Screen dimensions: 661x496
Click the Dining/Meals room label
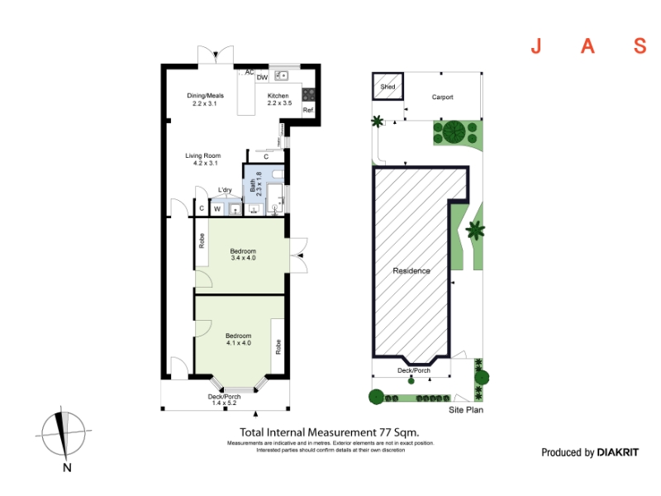205,99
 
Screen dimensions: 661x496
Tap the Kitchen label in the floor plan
279,99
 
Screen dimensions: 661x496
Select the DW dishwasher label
262,77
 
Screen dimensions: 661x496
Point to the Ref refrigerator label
308,110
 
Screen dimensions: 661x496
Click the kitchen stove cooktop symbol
308,94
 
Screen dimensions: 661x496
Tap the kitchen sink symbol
281,75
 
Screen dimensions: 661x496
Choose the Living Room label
203,159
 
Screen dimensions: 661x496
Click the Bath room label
255,184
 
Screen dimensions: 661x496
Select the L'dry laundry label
225,190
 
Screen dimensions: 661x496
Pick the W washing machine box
217,209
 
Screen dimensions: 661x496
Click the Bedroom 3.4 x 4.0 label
243,255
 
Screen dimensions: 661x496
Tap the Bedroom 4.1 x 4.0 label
239,339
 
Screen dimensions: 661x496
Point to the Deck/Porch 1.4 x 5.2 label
224,400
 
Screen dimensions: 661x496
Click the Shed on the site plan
388,87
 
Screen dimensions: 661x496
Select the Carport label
443,97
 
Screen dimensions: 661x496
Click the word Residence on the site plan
411,271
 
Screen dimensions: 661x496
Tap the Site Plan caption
466,410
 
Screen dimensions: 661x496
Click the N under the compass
67,467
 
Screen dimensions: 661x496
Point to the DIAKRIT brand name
618,452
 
